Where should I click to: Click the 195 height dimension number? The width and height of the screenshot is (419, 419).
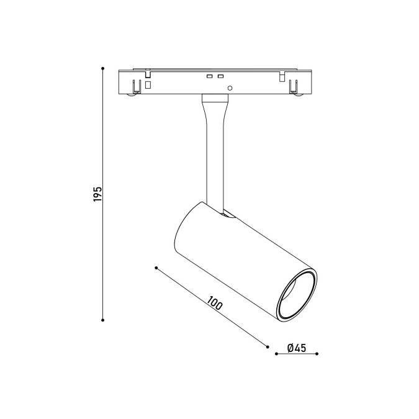[98, 194]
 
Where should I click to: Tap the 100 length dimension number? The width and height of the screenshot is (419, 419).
[215, 303]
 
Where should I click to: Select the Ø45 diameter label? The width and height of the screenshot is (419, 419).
[297, 348]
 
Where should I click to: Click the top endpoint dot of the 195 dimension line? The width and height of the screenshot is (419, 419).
[102, 68]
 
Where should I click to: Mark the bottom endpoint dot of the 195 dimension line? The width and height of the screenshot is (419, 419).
[102, 320]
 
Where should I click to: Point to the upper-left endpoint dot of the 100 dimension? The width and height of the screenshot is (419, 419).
[156, 268]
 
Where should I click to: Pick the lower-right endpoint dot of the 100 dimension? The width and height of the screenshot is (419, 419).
[268, 347]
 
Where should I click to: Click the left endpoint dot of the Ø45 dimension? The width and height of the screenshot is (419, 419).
[277, 354]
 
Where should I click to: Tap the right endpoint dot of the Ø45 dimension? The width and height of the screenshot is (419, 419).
[317, 354]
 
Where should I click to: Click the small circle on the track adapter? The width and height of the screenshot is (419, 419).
[230, 88]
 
